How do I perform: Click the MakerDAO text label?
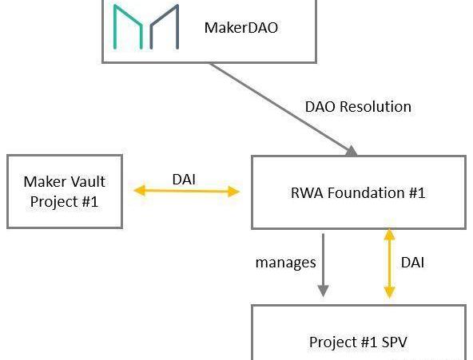(241, 28)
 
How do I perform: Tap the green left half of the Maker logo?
(128, 26)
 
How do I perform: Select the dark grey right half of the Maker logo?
(164, 26)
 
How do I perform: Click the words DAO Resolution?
(358, 107)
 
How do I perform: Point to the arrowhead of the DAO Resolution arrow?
(352, 151)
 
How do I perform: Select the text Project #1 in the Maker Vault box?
(64, 201)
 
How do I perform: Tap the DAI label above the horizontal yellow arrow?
(184, 180)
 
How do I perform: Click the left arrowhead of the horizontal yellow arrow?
(139, 191)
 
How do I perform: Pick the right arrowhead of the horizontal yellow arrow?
(234, 192)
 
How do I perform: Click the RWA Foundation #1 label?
(358, 193)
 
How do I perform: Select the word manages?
(286, 263)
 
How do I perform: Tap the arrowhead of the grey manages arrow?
(323, 291)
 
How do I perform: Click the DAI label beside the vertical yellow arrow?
(412, 263)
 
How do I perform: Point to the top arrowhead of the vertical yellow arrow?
(389, 235)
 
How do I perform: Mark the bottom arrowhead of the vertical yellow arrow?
(389, 292)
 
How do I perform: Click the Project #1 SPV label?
(358, 342)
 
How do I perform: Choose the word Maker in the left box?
(45, 182)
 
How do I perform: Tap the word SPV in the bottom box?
(395, 342)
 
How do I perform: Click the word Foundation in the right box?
(366, 193)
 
